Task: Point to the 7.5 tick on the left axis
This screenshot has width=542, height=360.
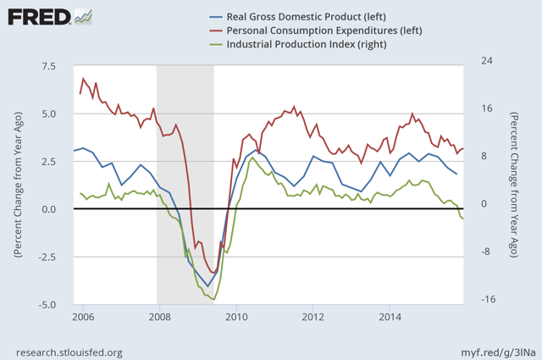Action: tap(49, 66)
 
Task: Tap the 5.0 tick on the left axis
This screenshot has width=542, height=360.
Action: tap(49, 114)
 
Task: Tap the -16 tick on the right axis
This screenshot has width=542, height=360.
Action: tap(487, 300)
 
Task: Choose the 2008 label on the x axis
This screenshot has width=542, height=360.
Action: tap(158, 317)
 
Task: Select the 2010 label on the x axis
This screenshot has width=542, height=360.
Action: tap(235, 317)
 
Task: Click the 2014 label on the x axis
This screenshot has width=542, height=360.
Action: tap(390, 317)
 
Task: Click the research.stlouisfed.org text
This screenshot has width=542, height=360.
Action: tap(69, 352)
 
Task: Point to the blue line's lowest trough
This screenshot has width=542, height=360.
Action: tap(207, 286)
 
